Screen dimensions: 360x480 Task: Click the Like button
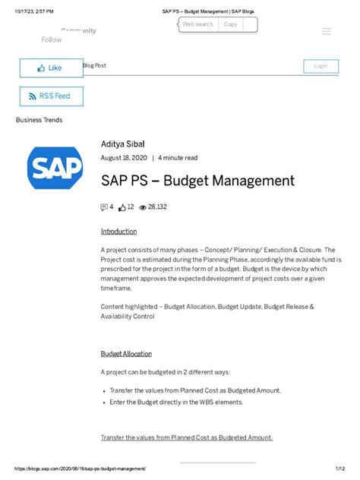[x=50, y=68]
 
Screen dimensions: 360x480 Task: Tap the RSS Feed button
[x=50, y=96]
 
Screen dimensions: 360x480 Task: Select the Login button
[x=321, y=66]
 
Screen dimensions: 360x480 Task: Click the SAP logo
[x=55, y=168]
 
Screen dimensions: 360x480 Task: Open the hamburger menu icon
[x=327, y=31]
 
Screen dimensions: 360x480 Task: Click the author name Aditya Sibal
[x=122, y=144]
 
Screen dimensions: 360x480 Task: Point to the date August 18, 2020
[x=124, y=158]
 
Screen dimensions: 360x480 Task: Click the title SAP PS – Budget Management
[x=197, y=181]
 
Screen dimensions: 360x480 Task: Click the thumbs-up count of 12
[x=126, y=207]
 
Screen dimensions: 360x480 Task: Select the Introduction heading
[x=118, y=231]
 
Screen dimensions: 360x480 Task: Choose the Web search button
[x=197, y=24]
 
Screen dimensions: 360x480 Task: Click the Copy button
[x=230, y=24]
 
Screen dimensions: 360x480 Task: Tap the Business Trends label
[x=39, y=120]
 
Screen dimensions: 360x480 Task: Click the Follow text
[x=52, y=39]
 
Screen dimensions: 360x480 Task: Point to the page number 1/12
[x=339, y=469]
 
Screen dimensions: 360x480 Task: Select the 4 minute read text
[x=178, y=158]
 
